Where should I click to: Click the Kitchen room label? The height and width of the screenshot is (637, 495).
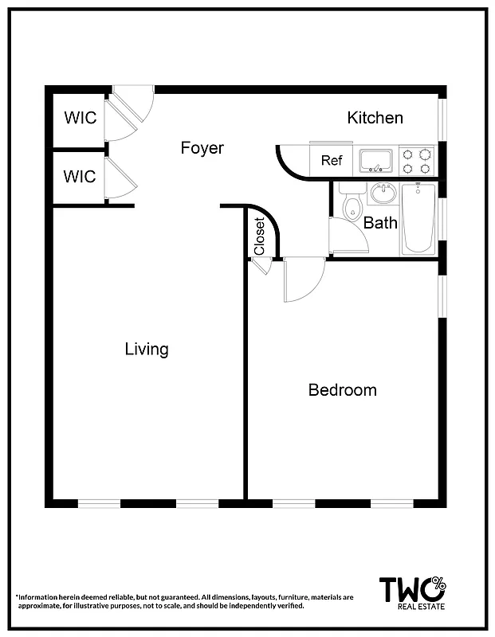click(x=375, y=118)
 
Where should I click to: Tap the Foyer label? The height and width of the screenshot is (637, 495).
click(x=202, y=148)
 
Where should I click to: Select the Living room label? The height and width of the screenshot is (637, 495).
click(x=147, y=349)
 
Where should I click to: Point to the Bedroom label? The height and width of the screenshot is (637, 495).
click(x=342, y=390)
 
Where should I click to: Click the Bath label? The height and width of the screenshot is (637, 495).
click(x=380, y=223)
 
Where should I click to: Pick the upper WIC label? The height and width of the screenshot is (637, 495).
click(x=80, y=118)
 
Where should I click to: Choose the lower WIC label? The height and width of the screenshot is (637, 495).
click(x=80, y=176)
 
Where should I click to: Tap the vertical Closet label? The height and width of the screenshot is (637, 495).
click(x=259, y=236)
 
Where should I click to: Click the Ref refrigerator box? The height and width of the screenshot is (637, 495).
click(x=332, y=160)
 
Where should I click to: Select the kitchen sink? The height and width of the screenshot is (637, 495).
click(x=375, y=160)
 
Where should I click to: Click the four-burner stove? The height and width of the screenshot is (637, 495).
click(x=416, y=160)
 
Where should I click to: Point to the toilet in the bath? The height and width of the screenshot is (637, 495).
click(x=352, y=205)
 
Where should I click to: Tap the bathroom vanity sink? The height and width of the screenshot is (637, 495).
click(x=383, y=193)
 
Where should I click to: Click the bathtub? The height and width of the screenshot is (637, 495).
click(x=418, y=218)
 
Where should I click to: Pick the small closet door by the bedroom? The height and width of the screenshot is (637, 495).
click(x=261, y=266)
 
